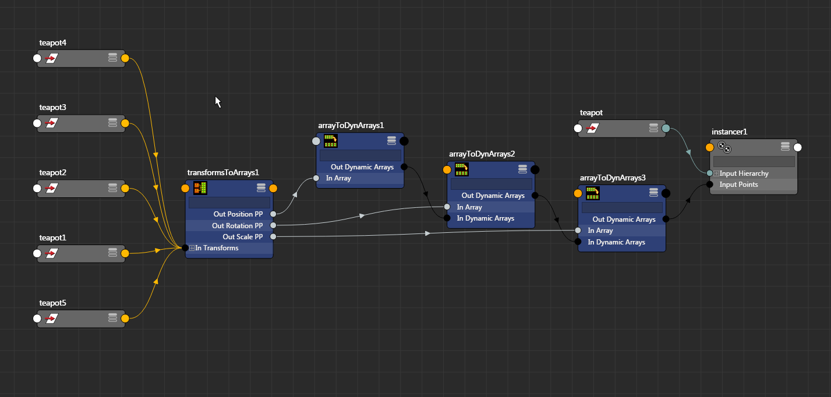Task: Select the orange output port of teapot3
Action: [125, 123]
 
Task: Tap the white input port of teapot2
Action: [37, 189]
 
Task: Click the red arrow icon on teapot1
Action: [52, 254]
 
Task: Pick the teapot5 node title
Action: [53, 303]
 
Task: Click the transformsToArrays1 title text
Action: [222, 172]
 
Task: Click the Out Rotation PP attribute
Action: [237, 225]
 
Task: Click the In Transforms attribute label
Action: [217, 248]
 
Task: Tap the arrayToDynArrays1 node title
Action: [351, 125]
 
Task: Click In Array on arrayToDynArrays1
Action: [338, 178]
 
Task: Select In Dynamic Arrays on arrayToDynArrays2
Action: [485, 218]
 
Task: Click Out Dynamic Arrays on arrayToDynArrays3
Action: [624, 219]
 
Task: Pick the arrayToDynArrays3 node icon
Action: [593, 193]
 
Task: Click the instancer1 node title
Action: [729, 132]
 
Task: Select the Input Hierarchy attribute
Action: [744, 173]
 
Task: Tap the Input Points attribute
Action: [738, 185]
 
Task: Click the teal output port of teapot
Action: [666, 129]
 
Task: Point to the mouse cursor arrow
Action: [217, 101]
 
